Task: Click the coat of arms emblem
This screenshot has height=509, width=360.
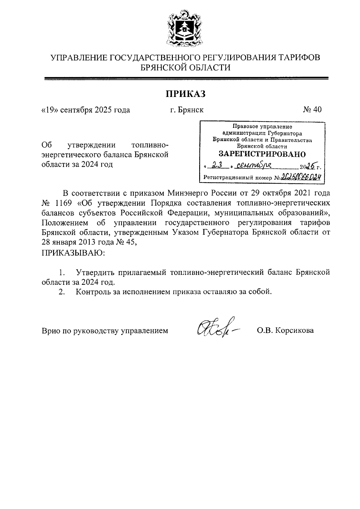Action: point(184,29)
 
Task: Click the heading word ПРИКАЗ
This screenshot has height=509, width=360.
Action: point(186,94)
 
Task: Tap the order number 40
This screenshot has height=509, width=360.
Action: point(317,110)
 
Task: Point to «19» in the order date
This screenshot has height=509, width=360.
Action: point(49,110)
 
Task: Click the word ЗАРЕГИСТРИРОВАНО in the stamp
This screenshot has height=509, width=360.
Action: point(262,154)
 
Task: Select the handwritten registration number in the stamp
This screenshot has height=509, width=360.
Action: point(301,177)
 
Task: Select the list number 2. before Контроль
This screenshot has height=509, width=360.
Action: point(61,292)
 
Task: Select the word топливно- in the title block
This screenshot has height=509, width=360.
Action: point(150,145)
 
